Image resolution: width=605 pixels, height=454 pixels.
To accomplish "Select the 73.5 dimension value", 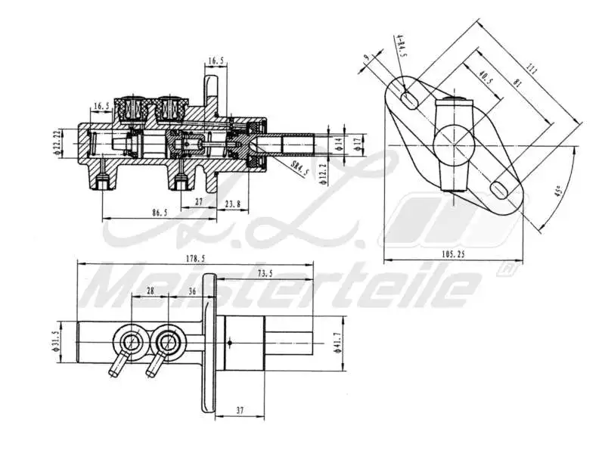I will (265, 273).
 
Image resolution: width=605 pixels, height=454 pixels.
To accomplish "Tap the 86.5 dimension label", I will (159, 213).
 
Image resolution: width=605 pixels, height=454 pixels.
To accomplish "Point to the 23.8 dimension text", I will (233, 204).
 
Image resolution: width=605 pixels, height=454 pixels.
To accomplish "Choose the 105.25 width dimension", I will (451, 255).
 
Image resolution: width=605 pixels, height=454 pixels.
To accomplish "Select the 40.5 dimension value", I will (485, 78).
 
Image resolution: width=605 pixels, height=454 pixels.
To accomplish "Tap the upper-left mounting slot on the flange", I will (408, 97).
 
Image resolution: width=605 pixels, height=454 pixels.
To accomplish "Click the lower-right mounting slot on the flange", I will (500, 188).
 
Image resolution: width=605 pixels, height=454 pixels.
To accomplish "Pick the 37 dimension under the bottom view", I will (240, 411).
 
